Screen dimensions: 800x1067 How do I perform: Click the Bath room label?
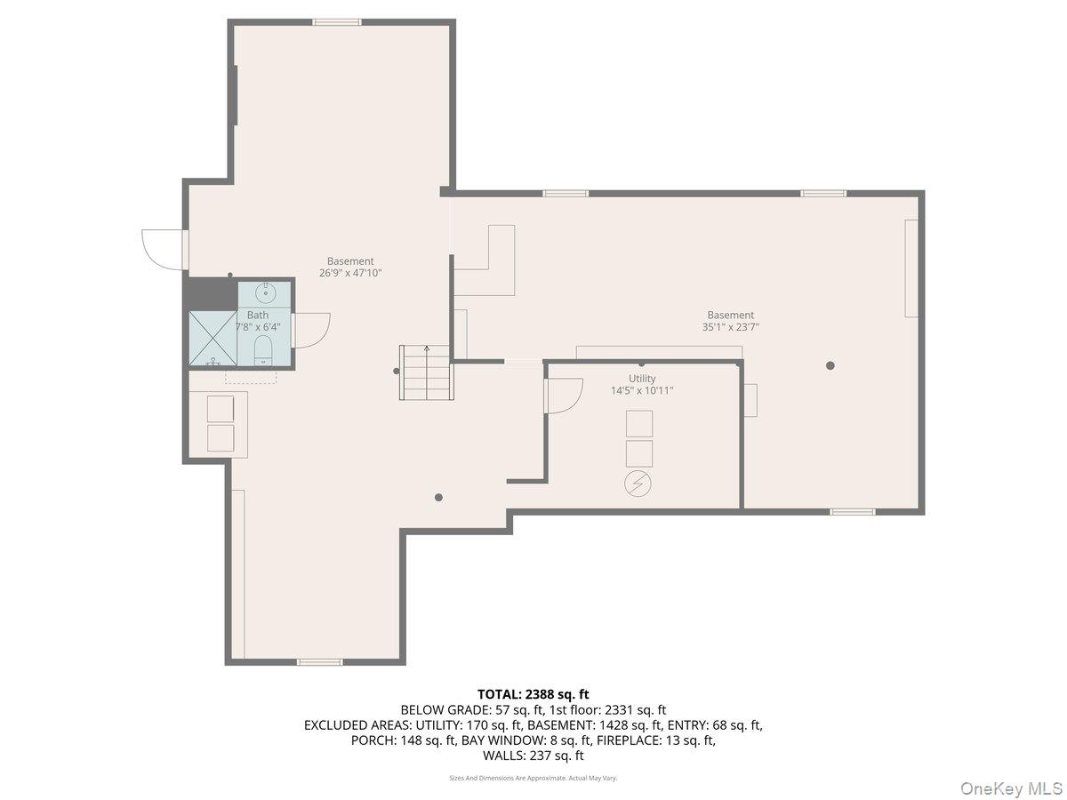[x=257, y=315]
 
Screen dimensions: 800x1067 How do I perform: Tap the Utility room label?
[x=642, y=379]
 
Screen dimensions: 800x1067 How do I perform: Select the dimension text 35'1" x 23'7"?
[x=730, y=327]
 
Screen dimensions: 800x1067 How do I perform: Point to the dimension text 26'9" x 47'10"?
[x=350, y=274]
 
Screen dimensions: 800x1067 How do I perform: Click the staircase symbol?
[x=426, y=372]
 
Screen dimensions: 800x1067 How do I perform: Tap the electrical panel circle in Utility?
[x=638, y=484]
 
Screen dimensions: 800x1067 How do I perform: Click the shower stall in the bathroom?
[x=213, y=338]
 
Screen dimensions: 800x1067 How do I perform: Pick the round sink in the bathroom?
[x=265, y=292]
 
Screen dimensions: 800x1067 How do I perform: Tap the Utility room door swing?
[x=562, y=395]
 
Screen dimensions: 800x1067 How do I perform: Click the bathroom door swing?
[x=310, y=330]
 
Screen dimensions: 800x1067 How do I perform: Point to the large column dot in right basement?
[x=830, y=364]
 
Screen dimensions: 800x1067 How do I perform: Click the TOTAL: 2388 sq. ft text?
[x=533, y=694]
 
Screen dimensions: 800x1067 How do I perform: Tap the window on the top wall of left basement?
[x=337, y=22]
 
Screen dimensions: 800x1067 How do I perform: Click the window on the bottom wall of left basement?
[x=319, y=661]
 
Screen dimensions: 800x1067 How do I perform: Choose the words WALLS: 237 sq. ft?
[x=533, y=756]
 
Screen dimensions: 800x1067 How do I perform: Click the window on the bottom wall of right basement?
[x=853, y=511]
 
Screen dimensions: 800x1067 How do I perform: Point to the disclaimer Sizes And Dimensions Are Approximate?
[x=533, y=778]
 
